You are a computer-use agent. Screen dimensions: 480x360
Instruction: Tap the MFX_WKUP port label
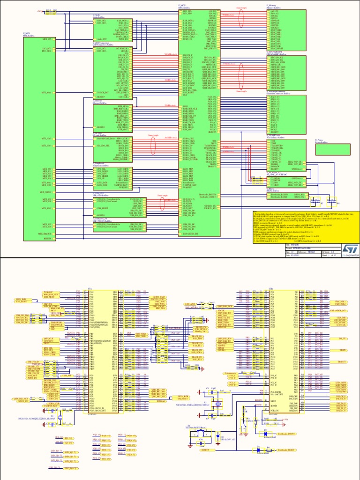pos(45,192)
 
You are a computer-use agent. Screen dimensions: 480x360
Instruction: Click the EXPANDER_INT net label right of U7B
pos(340,310)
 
